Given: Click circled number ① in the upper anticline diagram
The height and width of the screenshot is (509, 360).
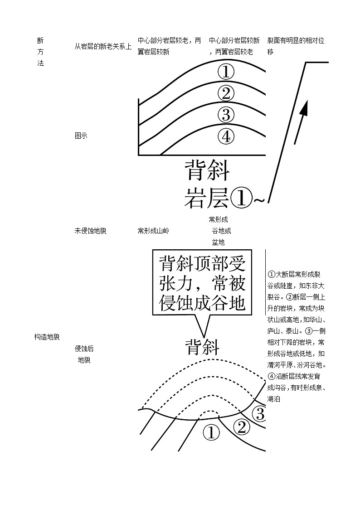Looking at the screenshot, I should tap(226, 72).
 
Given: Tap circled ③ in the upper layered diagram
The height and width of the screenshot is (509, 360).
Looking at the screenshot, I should tap(226, 114).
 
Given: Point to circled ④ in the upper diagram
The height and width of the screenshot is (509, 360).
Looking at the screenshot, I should tap(226, 136).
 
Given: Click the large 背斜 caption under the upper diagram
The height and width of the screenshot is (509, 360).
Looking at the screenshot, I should tap(207, 173).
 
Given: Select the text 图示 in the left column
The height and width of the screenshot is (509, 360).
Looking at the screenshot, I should tap(81, 136).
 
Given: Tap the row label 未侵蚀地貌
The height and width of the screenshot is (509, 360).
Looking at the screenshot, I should tap(90, 231).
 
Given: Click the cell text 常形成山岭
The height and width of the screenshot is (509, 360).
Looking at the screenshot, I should tap(153, 231).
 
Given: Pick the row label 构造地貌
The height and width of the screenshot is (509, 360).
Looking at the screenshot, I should tap(47, 337).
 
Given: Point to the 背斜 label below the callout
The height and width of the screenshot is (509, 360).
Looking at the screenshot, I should tap(202, 348).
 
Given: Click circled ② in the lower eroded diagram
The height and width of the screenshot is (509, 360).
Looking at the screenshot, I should tap(241, 427).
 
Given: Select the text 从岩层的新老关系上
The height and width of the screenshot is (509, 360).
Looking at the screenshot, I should tap(103, 46).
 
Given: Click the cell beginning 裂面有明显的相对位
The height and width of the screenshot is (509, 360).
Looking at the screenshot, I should tap(296, 41).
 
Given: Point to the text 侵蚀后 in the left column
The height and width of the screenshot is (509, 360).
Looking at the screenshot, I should tap(84, 349).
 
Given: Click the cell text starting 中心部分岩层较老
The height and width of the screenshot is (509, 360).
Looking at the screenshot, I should tap(169, 41).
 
